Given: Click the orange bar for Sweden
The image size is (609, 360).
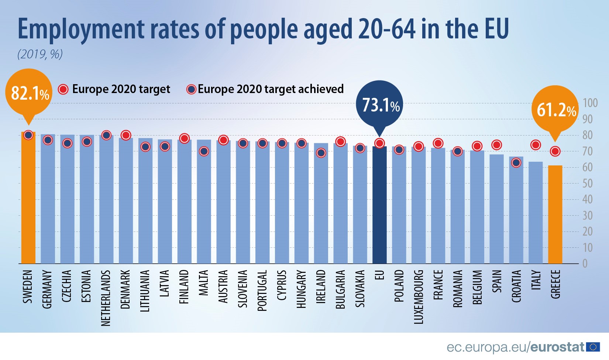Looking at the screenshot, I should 28,199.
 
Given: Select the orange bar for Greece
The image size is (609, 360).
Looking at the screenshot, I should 555,214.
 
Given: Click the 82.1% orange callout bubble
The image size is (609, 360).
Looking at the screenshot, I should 29,92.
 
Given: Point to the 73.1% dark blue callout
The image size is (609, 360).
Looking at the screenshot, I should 379,104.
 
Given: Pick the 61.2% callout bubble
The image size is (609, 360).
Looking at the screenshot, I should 555,109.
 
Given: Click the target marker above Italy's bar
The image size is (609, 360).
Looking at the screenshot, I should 536,145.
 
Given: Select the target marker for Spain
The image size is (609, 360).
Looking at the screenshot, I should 496,145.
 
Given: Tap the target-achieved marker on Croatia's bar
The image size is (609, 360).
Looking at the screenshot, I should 516,162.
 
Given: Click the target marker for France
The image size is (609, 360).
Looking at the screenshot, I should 438,143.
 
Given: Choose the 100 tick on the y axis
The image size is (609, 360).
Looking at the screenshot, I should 590,103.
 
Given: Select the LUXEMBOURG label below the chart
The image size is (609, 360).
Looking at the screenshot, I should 419,297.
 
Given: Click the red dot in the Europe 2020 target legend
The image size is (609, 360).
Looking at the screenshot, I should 63,89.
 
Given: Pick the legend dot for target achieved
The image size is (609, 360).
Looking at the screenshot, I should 191,89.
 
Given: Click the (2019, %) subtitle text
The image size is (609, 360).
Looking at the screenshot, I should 40,54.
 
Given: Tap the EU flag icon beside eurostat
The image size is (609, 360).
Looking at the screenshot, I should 593,347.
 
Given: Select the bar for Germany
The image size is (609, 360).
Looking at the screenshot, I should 48,199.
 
